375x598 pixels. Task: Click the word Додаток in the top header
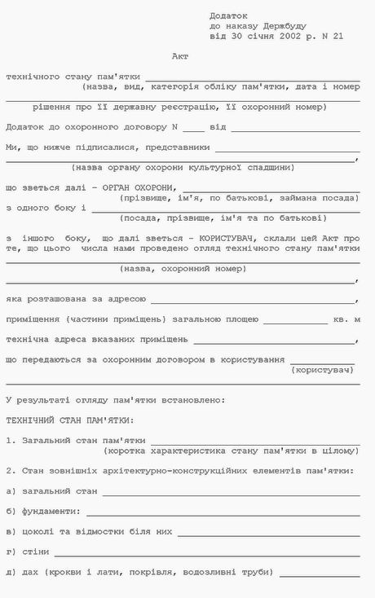[x=227, y=15]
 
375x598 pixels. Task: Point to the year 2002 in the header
[x=281, y=37]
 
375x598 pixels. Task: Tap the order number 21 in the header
[x=338, y=37]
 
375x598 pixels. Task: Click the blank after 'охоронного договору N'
[x=193, y=129]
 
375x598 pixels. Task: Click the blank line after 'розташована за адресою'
[x=254, y=300]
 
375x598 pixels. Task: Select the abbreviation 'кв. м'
[x=346, y=319]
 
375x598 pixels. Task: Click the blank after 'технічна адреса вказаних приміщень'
[x=275, y=340]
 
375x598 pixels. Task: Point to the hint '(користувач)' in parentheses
[x=324, y=370]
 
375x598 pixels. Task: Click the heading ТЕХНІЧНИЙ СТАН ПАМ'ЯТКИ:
[x=70, y=420]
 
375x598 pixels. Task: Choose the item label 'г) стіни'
[x=24, y=552]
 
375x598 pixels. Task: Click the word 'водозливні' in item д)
[x=219, y=572]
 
